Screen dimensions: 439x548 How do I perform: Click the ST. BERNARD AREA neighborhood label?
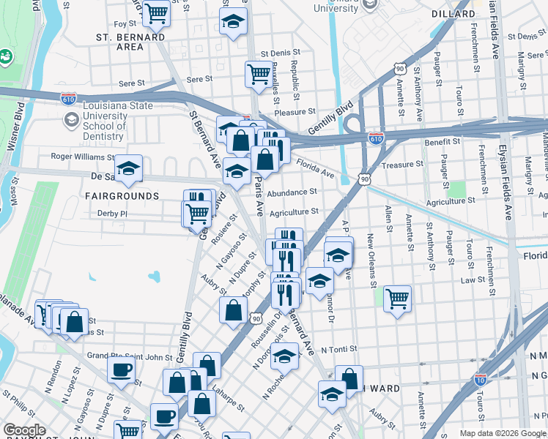click(130, 41)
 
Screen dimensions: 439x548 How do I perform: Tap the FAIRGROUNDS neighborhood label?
click(122, 196)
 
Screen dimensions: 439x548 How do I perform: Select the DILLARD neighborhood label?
click(453, 14)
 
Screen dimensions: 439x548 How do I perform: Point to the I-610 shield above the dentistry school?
click(69, 98)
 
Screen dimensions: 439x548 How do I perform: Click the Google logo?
click(24, 430)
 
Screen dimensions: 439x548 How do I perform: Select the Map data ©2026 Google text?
click(502, 433)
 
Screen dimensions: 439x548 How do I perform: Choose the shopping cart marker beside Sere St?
click(258, 74)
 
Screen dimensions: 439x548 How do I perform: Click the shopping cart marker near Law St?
click(397, 298)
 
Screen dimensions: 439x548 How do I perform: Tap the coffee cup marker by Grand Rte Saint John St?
click(121, 369)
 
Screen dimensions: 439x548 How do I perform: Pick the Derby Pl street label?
click(112, 214)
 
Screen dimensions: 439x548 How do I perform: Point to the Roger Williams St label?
click(82, 157)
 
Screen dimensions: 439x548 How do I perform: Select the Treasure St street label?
click(403, 165)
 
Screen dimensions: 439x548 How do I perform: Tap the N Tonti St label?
click(344, 350)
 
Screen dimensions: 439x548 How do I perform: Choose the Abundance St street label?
click(292, 192)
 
